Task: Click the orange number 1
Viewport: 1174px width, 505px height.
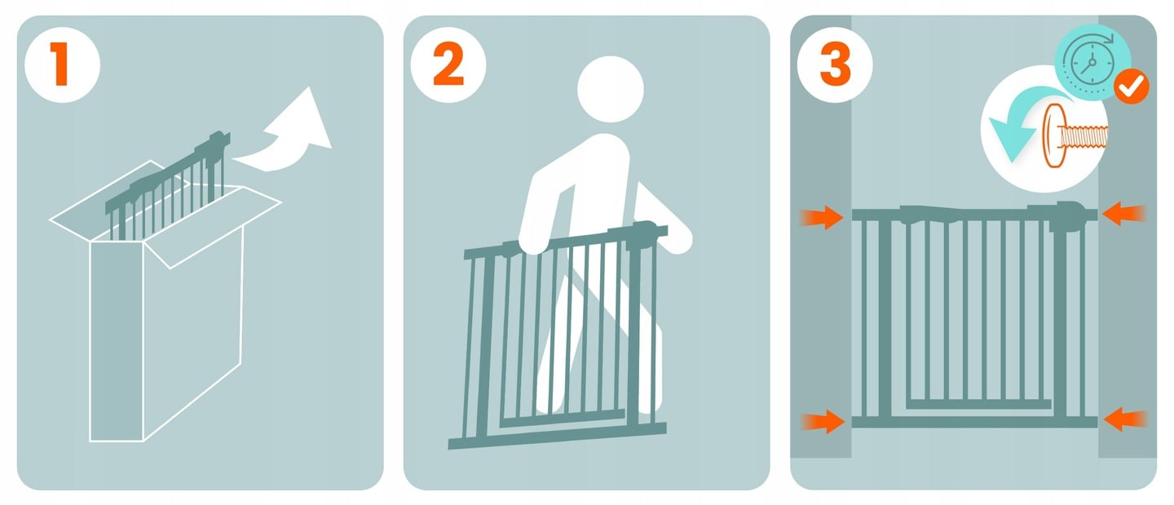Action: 60,64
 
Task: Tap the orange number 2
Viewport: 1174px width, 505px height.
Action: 448,65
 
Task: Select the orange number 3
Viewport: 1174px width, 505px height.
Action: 835,65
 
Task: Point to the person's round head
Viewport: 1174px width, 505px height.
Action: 611,89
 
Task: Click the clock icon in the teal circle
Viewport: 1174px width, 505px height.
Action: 1092,62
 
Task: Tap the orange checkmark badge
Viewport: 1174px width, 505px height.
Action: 1131,86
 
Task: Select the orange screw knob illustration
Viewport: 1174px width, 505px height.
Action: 1075,136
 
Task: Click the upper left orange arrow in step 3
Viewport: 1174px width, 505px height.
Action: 822,217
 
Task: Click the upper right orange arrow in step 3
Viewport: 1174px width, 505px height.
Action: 1123,214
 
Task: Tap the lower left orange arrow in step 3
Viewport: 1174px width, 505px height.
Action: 823,422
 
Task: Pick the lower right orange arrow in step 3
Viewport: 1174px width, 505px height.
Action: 1125,419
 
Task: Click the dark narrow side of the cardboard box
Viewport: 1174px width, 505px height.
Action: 117,341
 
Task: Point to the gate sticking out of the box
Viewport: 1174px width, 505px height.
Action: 168,186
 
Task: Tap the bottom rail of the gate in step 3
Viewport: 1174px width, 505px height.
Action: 974,422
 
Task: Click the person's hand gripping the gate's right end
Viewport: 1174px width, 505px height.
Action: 676,238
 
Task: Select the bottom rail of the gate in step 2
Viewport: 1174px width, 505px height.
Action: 557,436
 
